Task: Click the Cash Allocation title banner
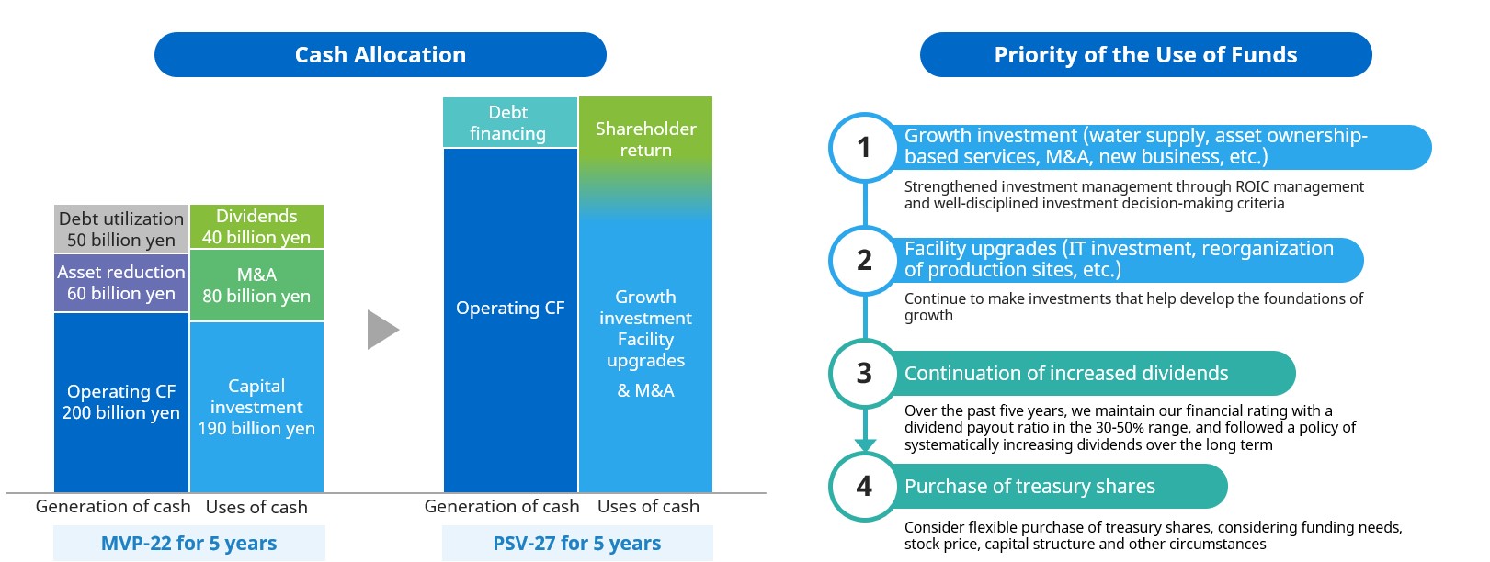[381, 54]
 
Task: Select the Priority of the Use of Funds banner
[1145, 54]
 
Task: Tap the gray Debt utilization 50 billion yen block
[121, 230]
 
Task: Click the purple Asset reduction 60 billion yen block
[121, 283]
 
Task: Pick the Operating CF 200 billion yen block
[121, 402]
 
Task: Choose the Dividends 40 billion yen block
[256, 227]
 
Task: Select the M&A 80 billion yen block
[256, 286]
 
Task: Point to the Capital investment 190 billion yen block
[256, 407]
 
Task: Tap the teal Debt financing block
[510, 122]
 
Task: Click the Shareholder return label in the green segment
[646, 140]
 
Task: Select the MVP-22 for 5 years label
[189, 544]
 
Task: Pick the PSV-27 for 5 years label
[577, 544]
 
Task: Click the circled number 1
[864, 148]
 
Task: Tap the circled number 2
[864, 261]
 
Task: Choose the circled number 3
[864, 374]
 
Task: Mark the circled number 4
[864, 487]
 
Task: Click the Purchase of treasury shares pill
[1058, 487]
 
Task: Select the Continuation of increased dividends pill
[1091, 374]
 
